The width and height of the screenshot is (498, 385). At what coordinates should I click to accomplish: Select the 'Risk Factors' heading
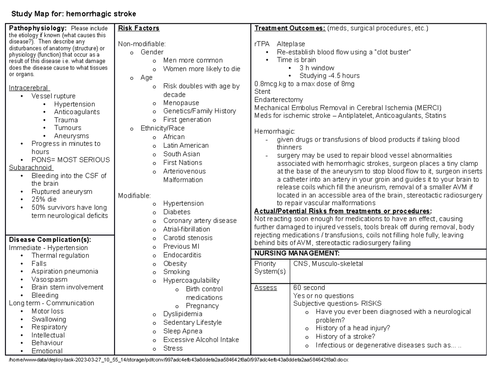click(139, 28)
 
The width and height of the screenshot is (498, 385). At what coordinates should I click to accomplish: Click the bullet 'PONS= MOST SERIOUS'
click(71, 160)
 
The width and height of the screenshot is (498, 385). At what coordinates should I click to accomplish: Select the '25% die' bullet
click(44, 199)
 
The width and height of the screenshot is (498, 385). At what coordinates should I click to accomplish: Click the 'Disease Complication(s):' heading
click(50, 240)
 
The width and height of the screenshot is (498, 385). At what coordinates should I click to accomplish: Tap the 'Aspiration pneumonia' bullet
click(65, 271)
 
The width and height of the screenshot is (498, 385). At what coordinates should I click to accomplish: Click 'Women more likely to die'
click(201, 69)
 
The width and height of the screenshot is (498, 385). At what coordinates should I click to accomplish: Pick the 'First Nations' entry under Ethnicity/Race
click(183, 162)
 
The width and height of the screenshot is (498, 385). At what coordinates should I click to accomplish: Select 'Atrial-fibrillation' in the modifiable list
click(186, 229)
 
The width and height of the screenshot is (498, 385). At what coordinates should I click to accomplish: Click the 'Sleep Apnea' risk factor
click(183, 331)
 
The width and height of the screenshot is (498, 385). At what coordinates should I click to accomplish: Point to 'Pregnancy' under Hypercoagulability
click(202, 306)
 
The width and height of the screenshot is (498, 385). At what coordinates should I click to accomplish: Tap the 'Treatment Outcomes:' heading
click(290, 28)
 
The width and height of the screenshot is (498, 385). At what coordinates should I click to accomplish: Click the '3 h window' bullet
click(317, 68)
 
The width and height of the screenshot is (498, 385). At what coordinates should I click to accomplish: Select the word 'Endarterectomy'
click(278, 100)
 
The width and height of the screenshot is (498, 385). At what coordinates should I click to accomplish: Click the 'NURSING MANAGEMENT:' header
click(297, 253)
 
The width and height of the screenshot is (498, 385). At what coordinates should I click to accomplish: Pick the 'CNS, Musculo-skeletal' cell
click(328, 263)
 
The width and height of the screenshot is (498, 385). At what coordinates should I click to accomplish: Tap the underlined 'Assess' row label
click(265, 288)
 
